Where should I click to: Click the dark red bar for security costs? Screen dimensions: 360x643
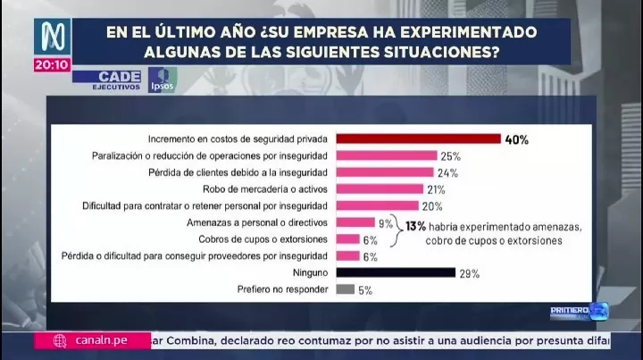(x=418, y=139)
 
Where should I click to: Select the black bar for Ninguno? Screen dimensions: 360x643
(x=396, y=272)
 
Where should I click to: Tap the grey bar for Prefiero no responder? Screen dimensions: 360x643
(x=346, y=289)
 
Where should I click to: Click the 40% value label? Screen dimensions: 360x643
(x=517, y=139)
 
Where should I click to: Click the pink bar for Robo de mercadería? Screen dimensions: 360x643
(x=379, y=189)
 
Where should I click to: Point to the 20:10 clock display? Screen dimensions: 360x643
(x=52, y=65)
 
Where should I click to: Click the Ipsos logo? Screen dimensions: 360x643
(x=163, y=79)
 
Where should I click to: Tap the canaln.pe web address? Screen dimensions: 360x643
(x=98, y=340)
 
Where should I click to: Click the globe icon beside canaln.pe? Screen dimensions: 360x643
(x=60, y=340)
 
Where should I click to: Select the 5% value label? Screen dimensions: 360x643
(x=365, y=289)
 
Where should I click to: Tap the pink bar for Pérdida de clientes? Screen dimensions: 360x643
(x=385, y=172)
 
